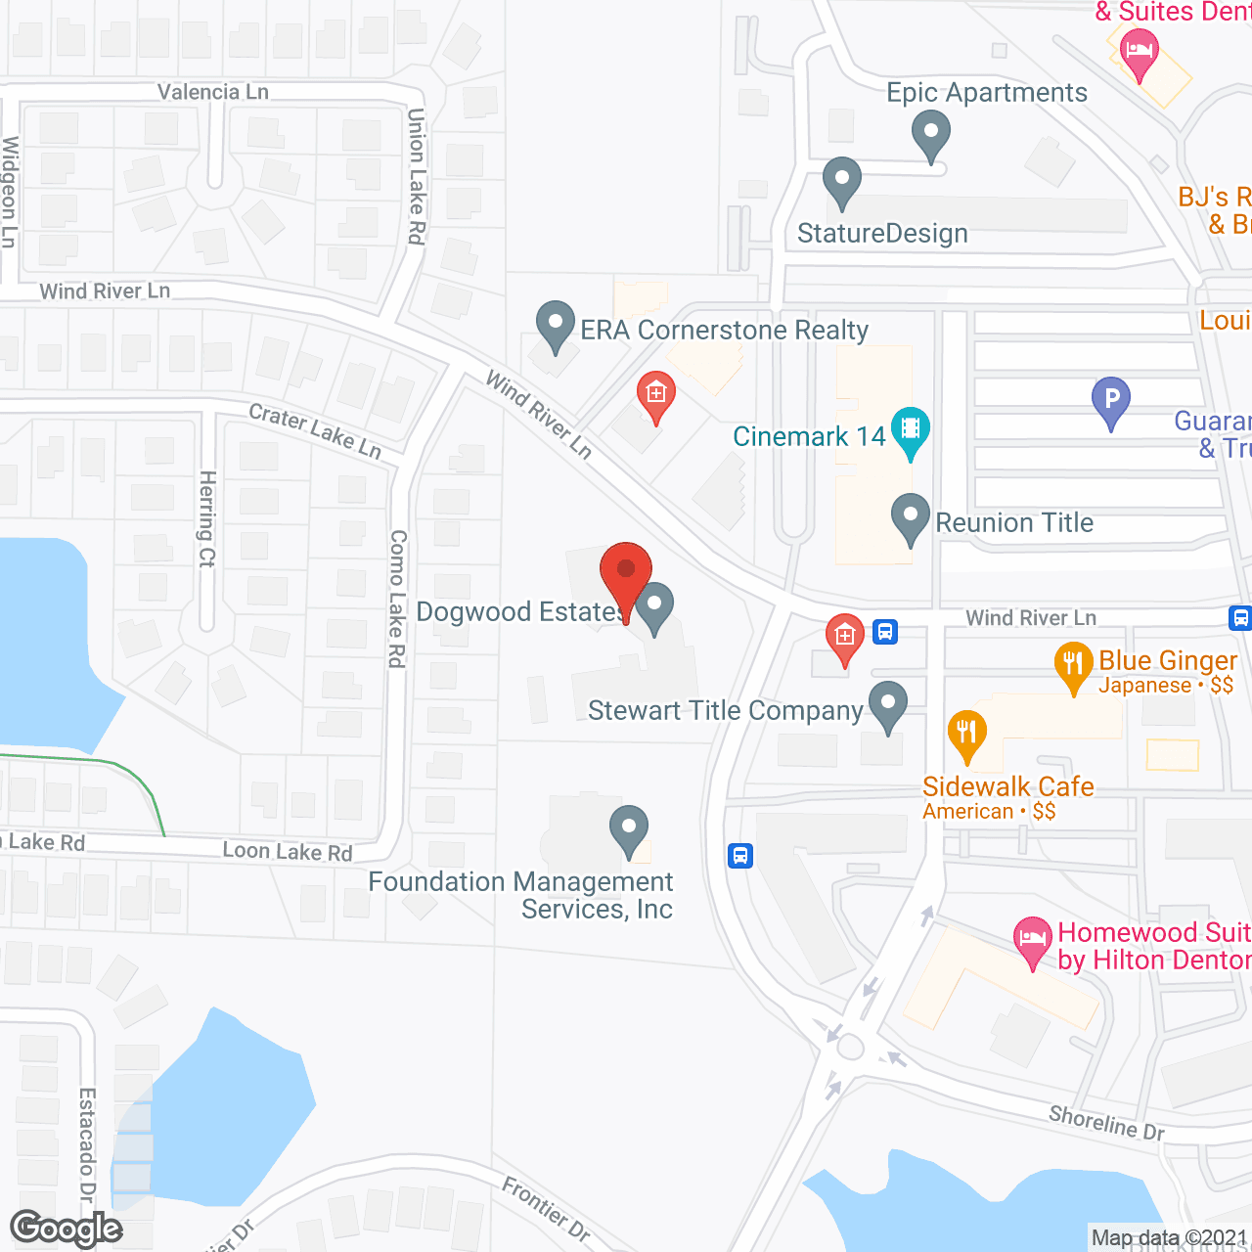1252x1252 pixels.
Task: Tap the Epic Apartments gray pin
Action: [930, 133]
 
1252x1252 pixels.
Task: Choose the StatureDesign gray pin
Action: [841, 181]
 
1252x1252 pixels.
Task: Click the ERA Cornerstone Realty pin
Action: [556, 324]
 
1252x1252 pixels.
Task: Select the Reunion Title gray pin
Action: [911, 516]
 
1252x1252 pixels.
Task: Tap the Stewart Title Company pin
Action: [887, 704]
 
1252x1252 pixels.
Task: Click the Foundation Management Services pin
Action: [629, 828]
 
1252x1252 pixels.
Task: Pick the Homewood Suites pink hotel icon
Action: [1032, 940]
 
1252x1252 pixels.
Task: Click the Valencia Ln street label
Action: [213, 92]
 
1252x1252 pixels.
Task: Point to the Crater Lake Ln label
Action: [315, 430]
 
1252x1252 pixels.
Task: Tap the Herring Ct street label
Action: [207, 518]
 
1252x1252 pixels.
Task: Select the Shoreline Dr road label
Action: [1106, 1122]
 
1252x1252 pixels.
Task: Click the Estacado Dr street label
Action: [87, 1144]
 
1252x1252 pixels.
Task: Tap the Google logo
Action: [67, 1229]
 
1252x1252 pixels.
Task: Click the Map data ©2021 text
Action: [1169, 1238]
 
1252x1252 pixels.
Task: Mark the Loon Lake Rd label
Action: [288, 851]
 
